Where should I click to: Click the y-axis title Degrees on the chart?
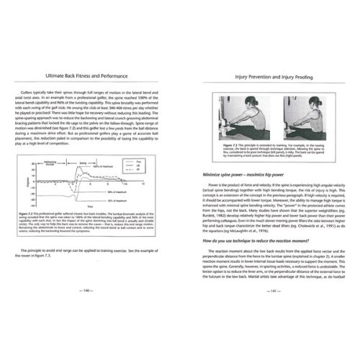(35, 182)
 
